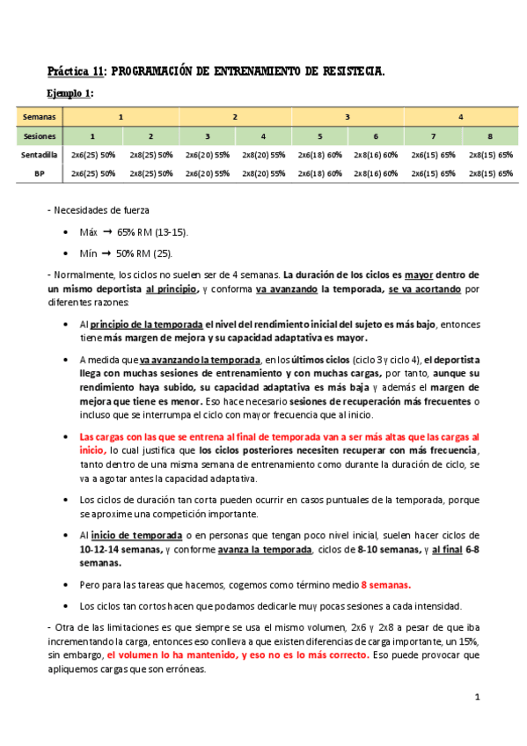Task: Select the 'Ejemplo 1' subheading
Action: [x=70, y=93]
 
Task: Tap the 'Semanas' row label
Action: [x=39, y=117]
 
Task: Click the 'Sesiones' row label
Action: [x=39, y=136]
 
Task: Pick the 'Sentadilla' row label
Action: [x=39, y=155]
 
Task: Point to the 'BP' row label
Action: [x=39, y=173]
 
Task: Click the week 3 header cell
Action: [x=348, y=117]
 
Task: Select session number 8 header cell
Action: [x=489, y=136]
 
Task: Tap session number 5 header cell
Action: [x=320, y=136]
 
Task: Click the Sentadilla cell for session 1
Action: [x=94, y=155]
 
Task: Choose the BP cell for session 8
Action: [x=490, y=173]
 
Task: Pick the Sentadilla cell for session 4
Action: [x=264, y=155]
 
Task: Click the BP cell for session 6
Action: [x=377, y=173]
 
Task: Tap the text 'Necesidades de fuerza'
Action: [x=101, y=210]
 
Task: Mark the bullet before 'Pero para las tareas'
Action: [x=68, y=584]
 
